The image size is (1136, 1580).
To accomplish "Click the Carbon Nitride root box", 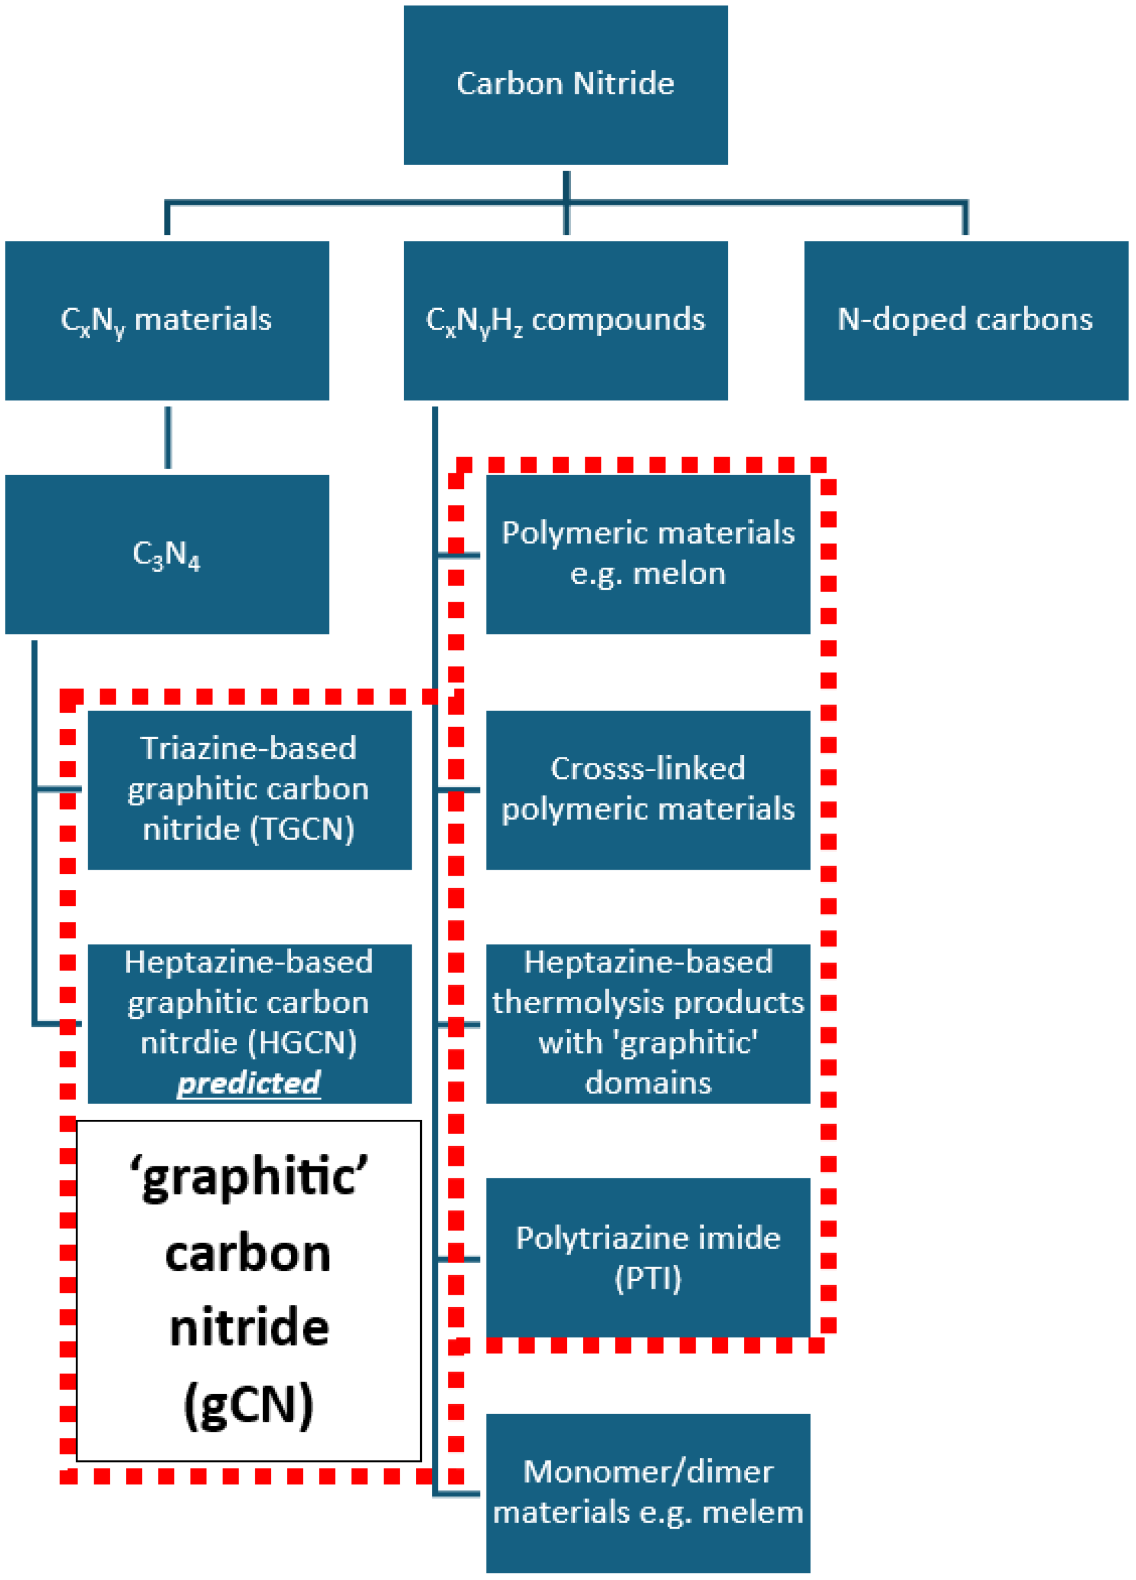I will (565, 85).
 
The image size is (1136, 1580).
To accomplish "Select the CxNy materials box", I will (166, 321).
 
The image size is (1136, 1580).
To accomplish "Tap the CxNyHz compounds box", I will (565, 321).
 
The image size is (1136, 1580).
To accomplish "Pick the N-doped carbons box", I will (965, 321).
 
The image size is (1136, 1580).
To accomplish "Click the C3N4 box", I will (166, 555).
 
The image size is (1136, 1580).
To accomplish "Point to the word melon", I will (678, 574).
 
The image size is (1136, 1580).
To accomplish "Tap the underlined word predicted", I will (249, 1083).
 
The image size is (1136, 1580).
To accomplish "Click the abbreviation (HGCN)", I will (301, 1043).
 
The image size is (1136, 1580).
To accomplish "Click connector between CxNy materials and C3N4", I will (168, 438).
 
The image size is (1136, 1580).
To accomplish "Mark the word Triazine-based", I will (249, 748).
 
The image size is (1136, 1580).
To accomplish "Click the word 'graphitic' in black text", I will (249, 1177).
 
